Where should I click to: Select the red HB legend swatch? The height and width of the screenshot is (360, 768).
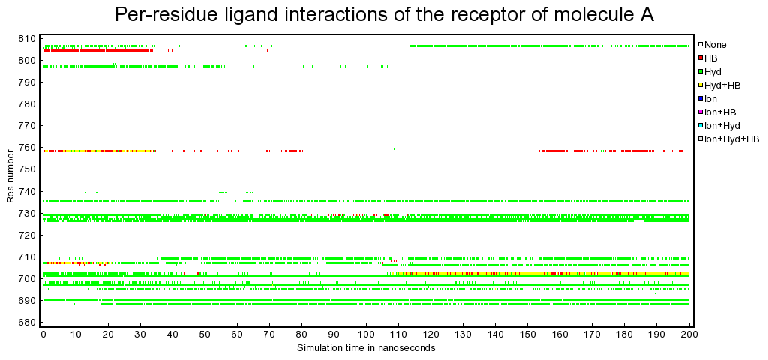click(701, 58)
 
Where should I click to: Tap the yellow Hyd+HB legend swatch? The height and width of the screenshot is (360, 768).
click(701, 85)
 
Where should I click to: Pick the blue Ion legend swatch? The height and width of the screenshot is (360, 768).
click(701, 99)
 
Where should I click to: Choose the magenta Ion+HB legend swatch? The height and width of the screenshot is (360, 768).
click(701, 112)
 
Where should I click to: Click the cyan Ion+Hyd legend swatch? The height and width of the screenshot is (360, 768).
click(701, 126)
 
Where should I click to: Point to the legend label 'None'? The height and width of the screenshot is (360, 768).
click(715, 44)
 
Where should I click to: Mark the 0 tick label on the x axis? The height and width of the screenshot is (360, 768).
click(43, 337)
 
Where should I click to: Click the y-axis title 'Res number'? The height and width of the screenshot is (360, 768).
click(10, 180)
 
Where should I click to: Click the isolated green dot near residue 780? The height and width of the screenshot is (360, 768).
click(136, 103)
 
